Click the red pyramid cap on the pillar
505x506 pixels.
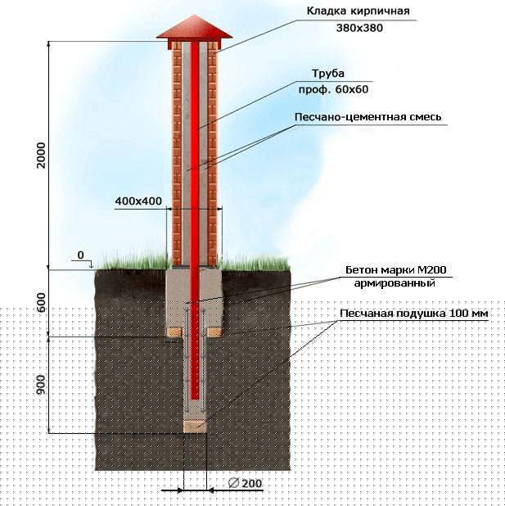(194, 29)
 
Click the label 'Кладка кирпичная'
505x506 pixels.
(358, 11)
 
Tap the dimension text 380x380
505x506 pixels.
(359, 28)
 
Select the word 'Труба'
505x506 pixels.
(328, 74)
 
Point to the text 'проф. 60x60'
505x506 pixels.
(333, 89)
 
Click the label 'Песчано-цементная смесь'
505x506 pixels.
(367, 117)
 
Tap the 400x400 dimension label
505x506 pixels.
(138, 201)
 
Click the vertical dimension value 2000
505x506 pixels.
(41, 156)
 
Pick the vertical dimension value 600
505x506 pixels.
(42, 302)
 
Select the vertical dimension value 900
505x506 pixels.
(41, 385)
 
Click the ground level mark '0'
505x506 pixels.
(81, 255)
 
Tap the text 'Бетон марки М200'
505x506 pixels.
(396, 269)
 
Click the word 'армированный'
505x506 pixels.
(395, 283)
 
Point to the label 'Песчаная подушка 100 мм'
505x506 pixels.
(414, 314)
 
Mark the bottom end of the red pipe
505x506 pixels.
(195, 400)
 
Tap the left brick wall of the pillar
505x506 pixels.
(177, 155)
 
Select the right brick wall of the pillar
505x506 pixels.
(212, 155)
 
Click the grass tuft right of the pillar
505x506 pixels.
(255, 263)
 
